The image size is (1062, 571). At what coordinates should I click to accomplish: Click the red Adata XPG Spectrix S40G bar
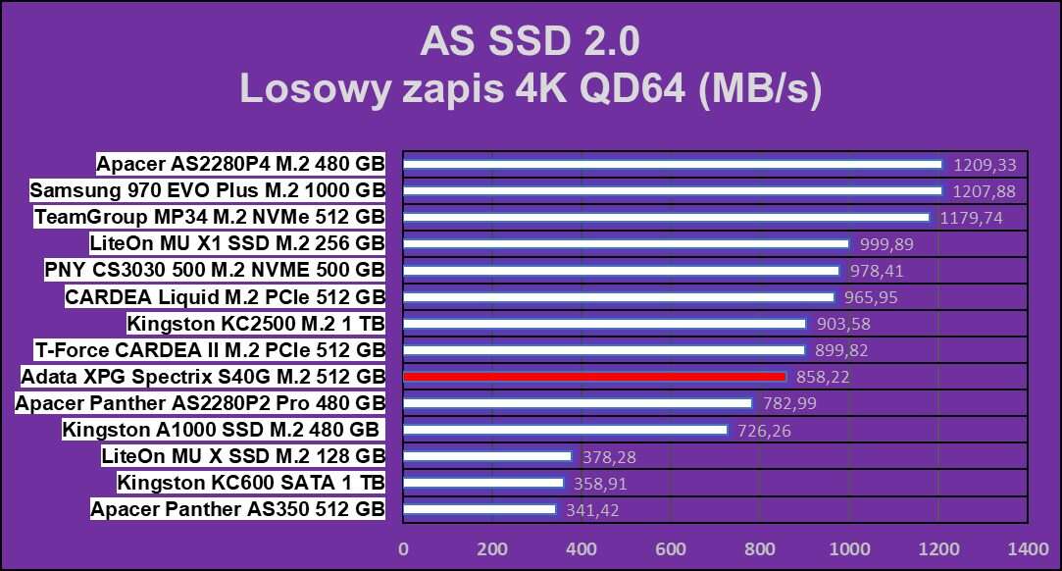click(594, 377)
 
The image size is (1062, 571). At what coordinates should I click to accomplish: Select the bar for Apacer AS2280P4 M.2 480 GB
click(672, 164)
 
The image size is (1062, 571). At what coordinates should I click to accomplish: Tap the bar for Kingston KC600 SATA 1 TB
click(483, 483)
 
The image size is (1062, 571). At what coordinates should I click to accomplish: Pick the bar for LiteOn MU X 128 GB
click(487, 456)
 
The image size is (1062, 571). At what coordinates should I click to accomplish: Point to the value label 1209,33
click(984, 165)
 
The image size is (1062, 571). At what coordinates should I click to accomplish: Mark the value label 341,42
click(590, 510)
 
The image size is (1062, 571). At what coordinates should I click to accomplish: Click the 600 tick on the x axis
click(671, 547)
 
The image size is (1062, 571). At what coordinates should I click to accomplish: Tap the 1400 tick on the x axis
click(1028, 547)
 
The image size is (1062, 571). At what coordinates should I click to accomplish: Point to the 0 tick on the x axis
click(403, 547)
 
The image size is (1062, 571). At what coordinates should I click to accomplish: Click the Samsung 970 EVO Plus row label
click(207, 190)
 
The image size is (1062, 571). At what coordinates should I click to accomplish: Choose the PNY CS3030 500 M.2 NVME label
click(215, 270)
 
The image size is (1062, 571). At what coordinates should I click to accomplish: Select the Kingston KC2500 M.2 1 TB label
click(256, 324)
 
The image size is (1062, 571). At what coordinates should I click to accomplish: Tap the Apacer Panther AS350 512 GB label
click(237, 509)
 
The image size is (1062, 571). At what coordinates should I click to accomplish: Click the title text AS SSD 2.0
click(530, 42)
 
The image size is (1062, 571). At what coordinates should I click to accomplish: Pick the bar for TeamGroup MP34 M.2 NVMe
click(666, 217)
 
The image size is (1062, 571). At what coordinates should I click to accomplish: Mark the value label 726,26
click(761, 431)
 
